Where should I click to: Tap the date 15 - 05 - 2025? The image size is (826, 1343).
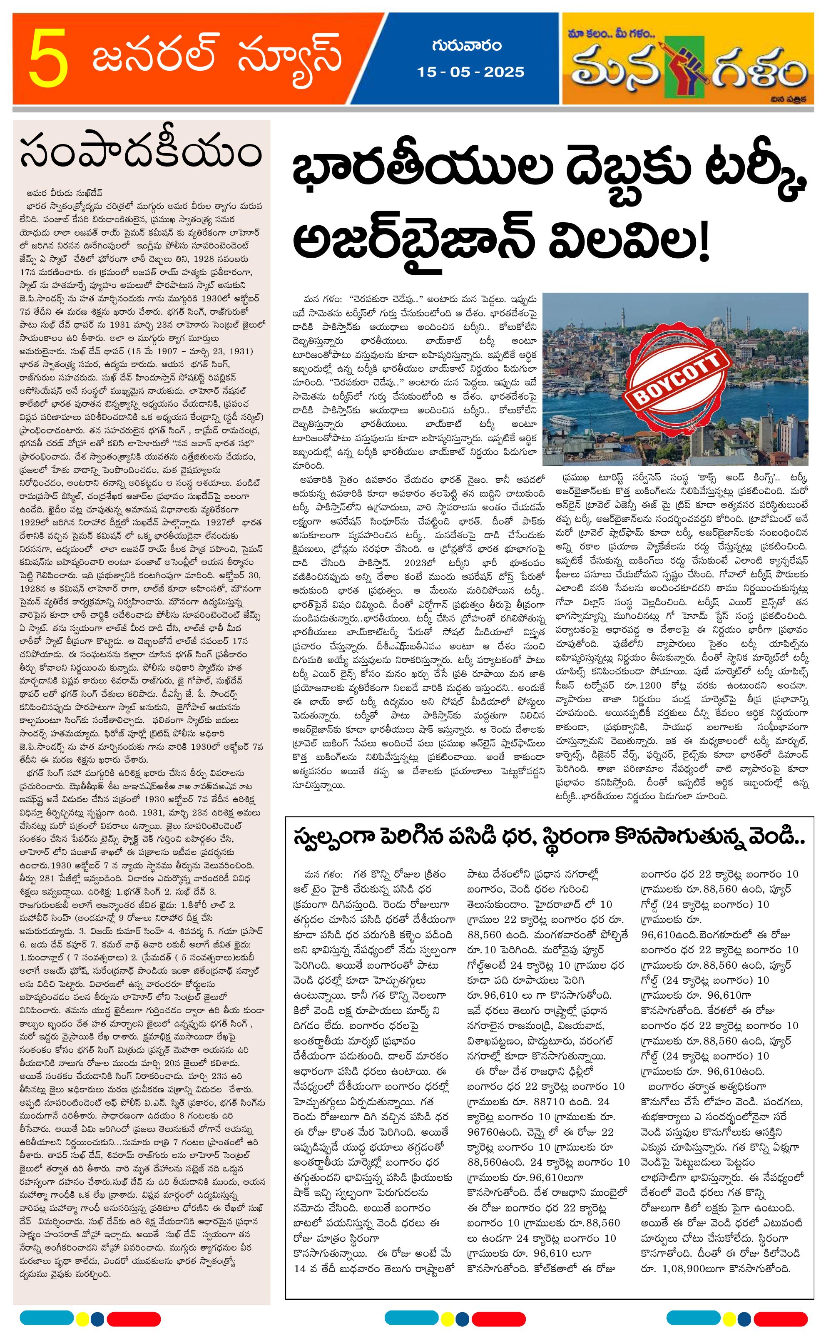[x=470, y=72]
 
